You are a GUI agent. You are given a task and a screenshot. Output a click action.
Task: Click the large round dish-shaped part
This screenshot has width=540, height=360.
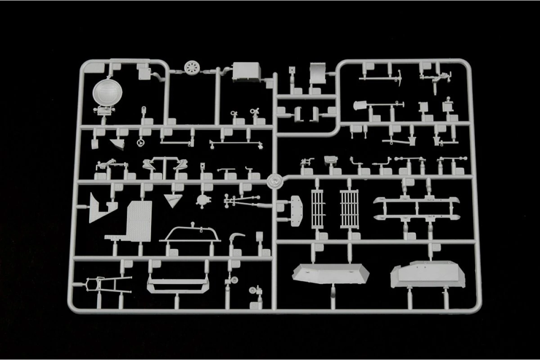point(104,92)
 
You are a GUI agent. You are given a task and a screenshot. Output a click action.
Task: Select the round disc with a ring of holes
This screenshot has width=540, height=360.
point(192,69)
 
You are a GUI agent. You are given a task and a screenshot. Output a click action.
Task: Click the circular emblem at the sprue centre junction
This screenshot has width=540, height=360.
point(274,181)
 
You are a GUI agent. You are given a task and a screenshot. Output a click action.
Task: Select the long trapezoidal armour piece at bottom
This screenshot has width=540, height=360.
point(331,273)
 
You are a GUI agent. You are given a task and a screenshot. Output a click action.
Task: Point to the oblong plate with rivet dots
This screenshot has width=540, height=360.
point(297,209)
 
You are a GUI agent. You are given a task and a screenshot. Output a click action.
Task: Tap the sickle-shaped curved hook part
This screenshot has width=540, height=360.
point(237,237)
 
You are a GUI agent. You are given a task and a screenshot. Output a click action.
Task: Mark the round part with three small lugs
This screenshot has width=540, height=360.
point(203,199)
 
